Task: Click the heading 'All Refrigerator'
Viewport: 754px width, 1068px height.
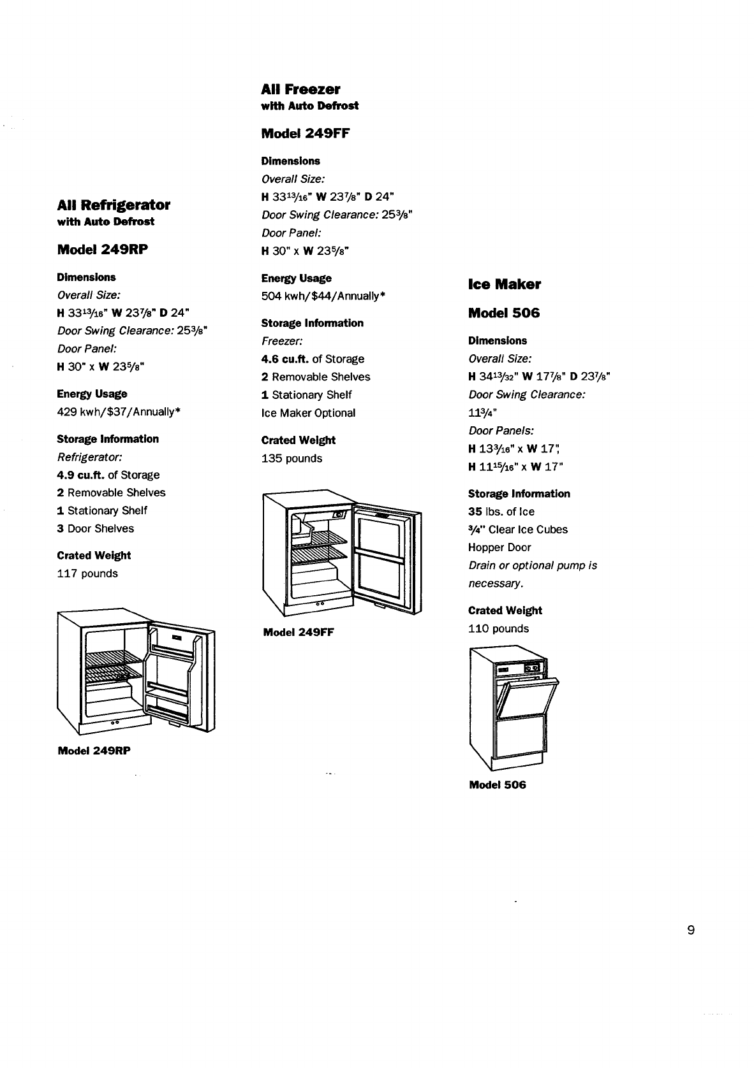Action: tap(114, 205)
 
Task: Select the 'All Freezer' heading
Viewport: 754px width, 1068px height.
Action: tap(300, 89)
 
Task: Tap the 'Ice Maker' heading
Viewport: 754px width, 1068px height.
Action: tap(504, 284)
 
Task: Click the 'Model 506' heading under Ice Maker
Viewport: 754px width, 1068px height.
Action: tap(504, 313)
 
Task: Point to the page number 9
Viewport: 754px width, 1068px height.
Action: tap(691, 930)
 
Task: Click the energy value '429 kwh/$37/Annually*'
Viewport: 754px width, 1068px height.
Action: tap(119, 412)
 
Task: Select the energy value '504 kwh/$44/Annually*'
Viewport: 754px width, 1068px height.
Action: tap(323, 296)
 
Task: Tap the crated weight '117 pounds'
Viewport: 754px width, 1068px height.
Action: tap(87, 574)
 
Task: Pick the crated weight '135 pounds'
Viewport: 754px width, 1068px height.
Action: tap(292, 458)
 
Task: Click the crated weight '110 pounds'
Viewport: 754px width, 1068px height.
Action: tap(498, 628)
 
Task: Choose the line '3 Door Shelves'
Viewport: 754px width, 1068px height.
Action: tap(96, 528)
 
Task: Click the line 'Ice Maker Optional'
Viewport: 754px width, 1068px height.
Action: tap(308, 413)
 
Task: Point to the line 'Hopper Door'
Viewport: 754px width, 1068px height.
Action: tap(499, 547)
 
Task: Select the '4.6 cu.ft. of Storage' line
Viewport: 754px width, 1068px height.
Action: tap(313, 359)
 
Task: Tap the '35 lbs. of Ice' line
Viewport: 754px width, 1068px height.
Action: tap(501, 512)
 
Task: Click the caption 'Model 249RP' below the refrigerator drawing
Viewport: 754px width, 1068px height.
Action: tap(94, 751)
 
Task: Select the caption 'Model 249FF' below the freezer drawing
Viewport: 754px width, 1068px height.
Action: tap(299, 633)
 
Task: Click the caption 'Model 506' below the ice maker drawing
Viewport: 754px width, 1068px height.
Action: tap(498, 785)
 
